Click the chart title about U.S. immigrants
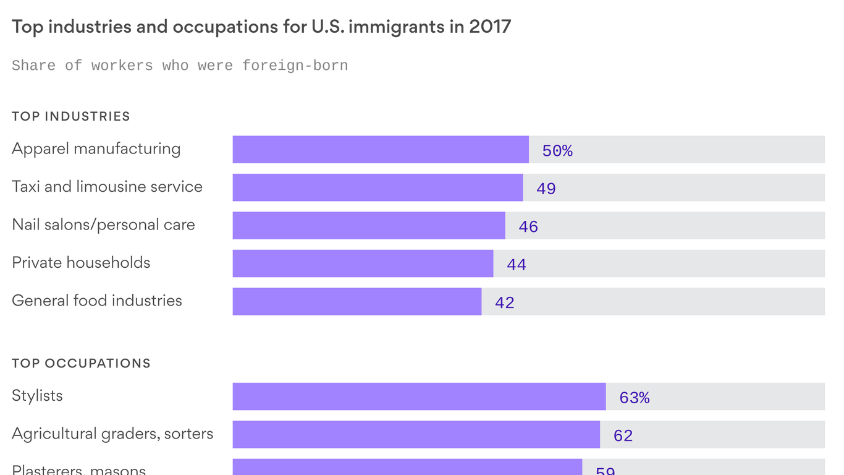[x=261, y=27]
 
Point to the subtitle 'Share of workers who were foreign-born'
[x=180, y=66]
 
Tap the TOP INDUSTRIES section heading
[x=71, y=116]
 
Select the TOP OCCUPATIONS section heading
[x=81, y=363]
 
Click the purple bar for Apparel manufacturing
[x=381, y=150]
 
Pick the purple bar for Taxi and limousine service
[x=378, y=187]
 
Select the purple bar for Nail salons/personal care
[x=369, y=226]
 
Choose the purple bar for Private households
[x=363, y=263]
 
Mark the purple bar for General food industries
[x=357, y=301]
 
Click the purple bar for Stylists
[x=419, y=396]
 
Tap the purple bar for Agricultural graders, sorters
[x=416, y=434]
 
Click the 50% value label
[x=557, y=151]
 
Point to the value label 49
[x=546, y=189]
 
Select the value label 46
[x=528, y=227]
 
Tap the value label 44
[x=517, y=265]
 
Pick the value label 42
[x=505, y=302]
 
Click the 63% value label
[x=635, y=398]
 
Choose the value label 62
[x=623, y=435]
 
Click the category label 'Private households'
[x=81, y=262]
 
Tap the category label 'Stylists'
[x=37, y=396]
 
